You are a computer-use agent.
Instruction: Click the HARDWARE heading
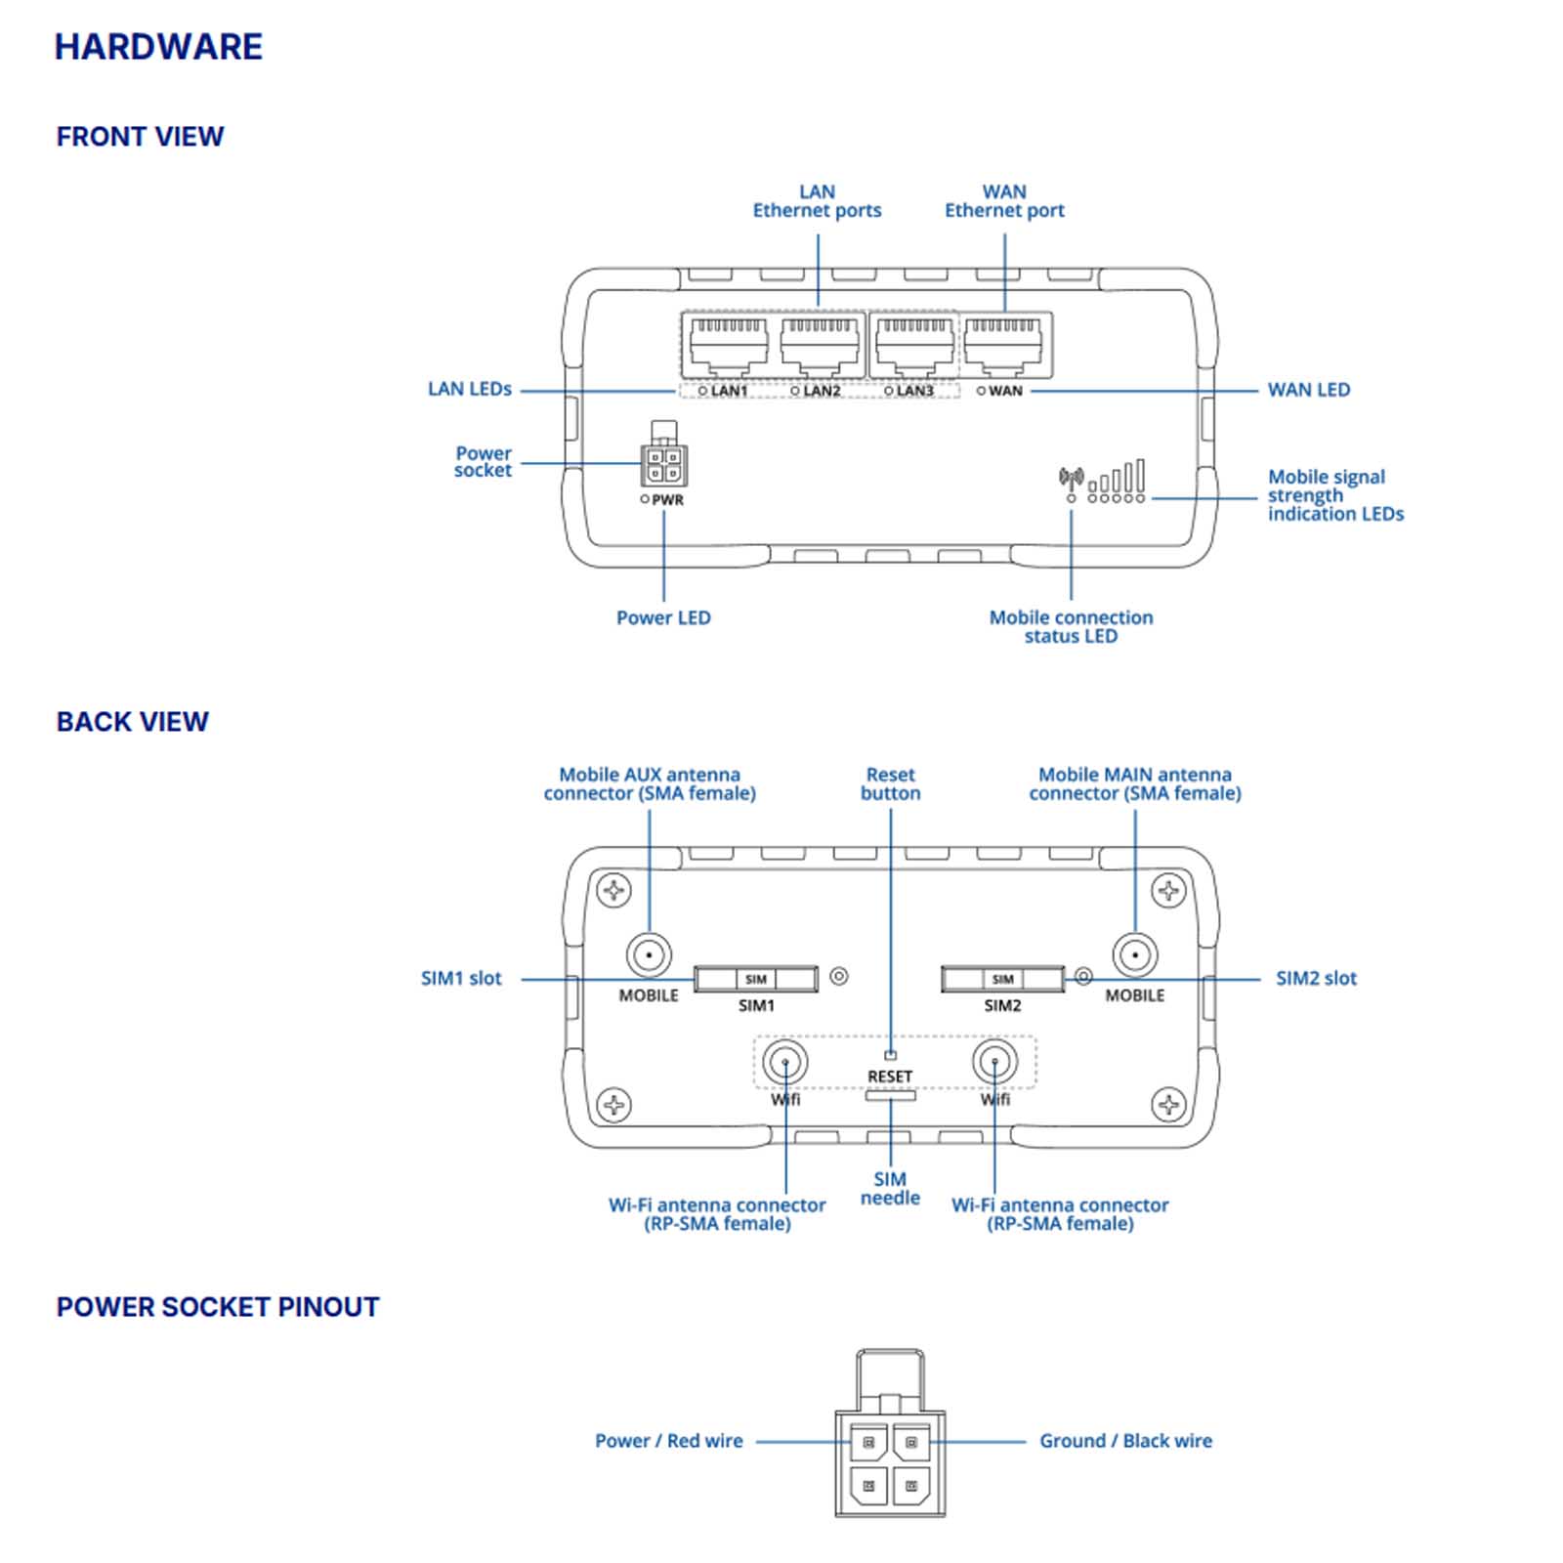click(x=158, y=47)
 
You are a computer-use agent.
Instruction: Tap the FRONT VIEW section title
click(x=140, y=137)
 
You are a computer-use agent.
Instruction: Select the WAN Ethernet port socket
click(x=1003, y=345)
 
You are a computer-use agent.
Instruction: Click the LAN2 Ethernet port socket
click(x=820, y=345)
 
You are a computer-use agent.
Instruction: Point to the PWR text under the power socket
click(x=668, y=500)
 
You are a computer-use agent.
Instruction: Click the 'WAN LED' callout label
click(x=1308, y=390)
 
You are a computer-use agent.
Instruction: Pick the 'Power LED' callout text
click(x=663, y=617)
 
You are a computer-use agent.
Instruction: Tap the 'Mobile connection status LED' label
click(x=1071, y=626)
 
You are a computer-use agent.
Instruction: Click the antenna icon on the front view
click(x=1071, y=479)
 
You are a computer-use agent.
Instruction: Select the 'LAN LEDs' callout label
click(x=470, y=389)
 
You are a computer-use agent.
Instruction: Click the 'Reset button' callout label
click(x=890, y=783)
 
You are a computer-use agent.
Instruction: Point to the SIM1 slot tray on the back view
click(x=756, y=979)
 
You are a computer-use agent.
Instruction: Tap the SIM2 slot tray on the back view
click(x=1002, y=979)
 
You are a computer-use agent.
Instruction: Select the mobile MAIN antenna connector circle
click(x=1135, y=954)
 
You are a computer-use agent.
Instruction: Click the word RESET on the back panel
click(x=890, y=1077)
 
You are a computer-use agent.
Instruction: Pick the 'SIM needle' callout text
click(x=890, y=1188)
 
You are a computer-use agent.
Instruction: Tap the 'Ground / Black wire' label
click(x=1125, y=1441)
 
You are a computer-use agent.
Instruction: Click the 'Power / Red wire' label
click(x=668, y=1441)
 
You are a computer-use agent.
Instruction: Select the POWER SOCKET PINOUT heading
click(x=218, y=1307)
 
